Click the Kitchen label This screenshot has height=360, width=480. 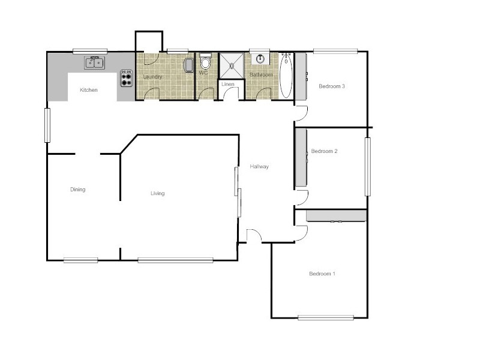[89, 90]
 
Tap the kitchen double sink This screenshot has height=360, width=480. [95, 62]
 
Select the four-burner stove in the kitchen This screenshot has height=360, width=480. [127, 79]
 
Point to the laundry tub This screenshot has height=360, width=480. [188, 65]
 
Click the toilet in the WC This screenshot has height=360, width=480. [206, 62]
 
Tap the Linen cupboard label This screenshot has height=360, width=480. [228, 84]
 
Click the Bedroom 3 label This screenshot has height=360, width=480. [331, 86]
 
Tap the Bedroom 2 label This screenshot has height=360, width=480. [324, 151]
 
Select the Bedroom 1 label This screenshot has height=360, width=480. [322, 274]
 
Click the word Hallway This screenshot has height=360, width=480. [259, 167]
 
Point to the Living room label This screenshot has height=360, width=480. [157, 193]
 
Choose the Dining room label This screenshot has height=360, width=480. [77, 190]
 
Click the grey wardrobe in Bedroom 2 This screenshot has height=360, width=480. [301, 157]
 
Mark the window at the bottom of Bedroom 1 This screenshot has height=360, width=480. [325, 317]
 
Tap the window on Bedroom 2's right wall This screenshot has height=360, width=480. [368, 166]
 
